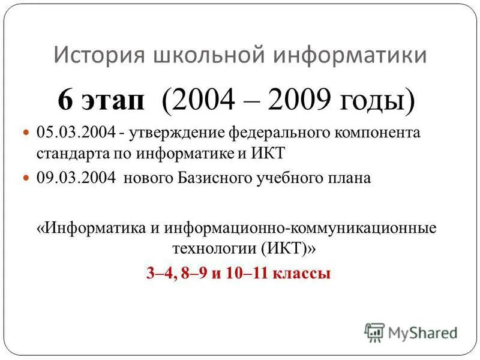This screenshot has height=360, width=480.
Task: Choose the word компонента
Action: (x=383, y=132)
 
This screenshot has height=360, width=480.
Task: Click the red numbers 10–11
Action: (x=247, y=274)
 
